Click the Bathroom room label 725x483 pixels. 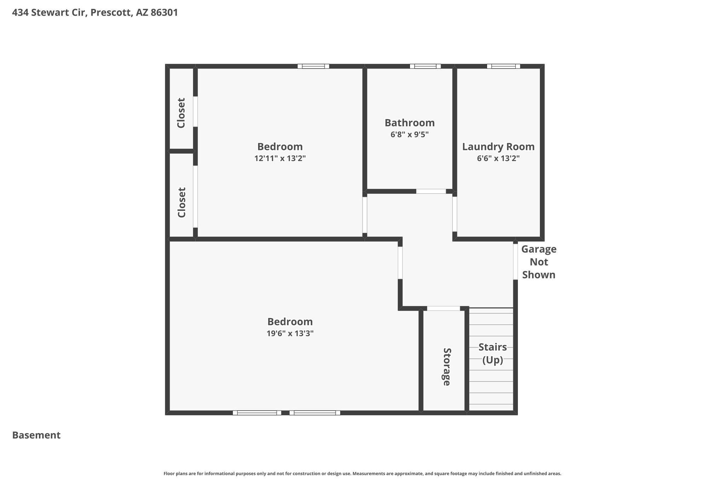tap(410, 123)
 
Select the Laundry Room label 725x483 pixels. tap(498, 146)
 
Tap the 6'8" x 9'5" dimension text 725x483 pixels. tap(410, 134)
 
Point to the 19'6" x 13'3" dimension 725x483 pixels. tap(290, 333)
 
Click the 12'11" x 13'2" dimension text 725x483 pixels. tap(280, 158)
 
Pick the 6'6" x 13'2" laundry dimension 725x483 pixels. tap(498, 158)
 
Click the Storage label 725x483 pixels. tap(447, 367)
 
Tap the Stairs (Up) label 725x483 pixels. tap(493, 353)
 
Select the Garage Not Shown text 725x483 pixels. tap(539, 262)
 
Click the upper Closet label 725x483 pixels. tap(181, 113)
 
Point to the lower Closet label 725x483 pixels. tap(182, 202)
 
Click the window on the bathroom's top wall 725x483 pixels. tap(425, 66)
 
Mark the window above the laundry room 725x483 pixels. tap(503, 66)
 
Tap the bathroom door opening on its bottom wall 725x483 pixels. tap(431, 191)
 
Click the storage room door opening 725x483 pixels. tap(444, 309)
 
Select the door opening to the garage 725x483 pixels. tap(515, 262)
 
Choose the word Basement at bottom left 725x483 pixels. tap(36, 435)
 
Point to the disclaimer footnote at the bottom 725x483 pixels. tap(362, 473)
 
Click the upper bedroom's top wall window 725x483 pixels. tap(313, 66)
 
